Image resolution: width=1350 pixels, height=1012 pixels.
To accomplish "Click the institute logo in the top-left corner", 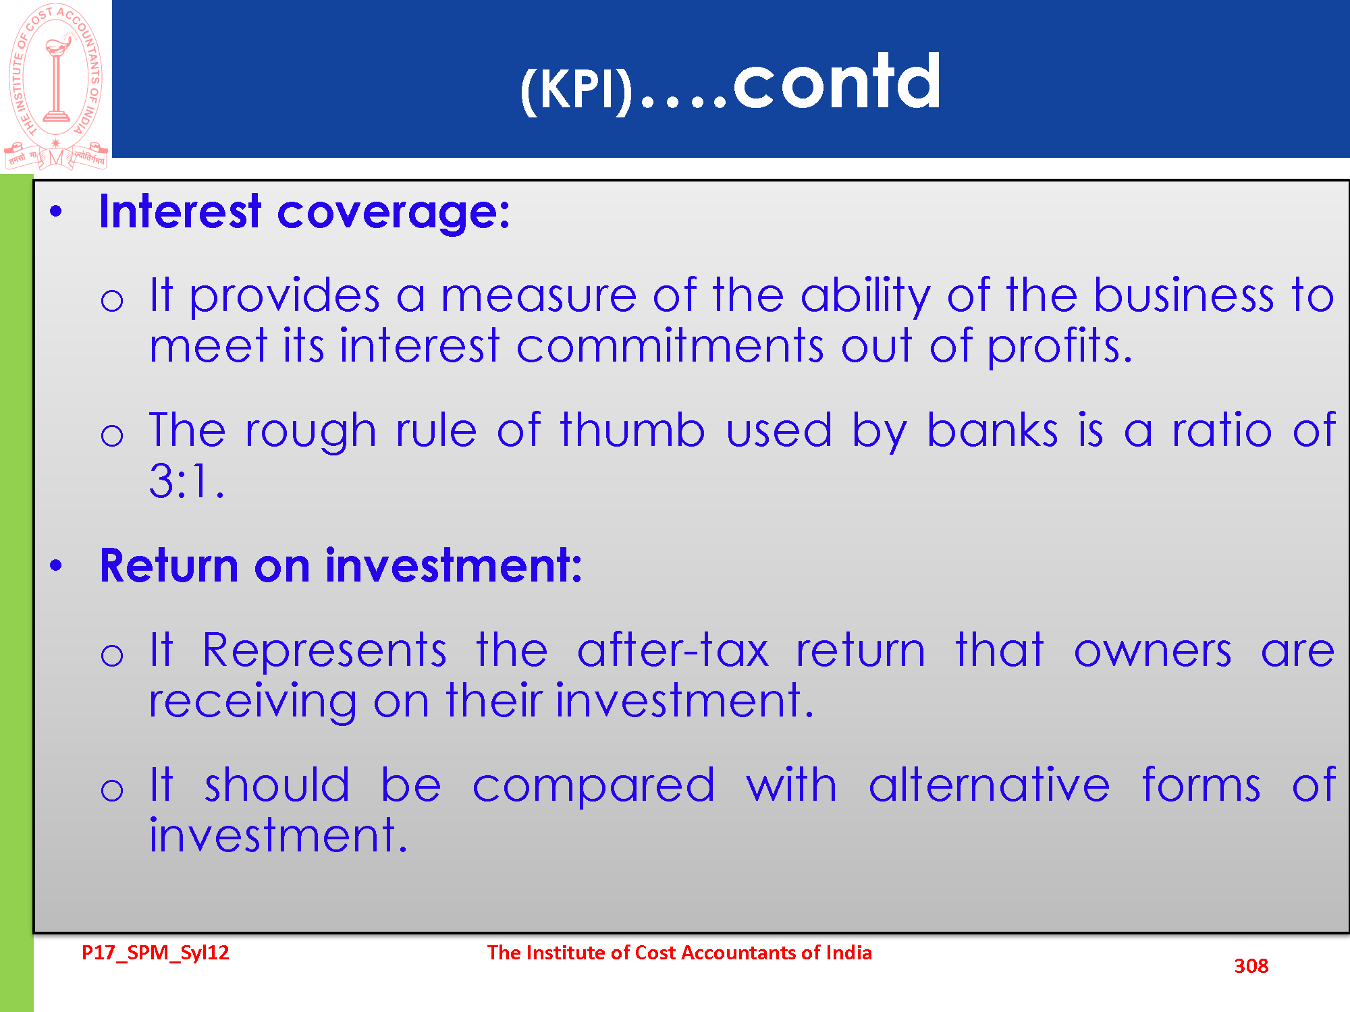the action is (56, 86).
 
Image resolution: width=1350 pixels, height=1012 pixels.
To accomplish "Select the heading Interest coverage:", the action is (304, 213).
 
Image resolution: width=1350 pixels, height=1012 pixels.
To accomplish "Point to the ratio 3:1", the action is (186, 481).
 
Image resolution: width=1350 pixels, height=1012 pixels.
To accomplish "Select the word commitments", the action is (670, 345).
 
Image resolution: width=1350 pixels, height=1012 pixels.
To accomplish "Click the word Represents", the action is (324, 652).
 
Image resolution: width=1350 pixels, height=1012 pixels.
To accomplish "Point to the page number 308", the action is (1251, 966).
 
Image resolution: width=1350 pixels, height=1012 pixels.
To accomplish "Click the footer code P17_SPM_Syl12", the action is (155, 953).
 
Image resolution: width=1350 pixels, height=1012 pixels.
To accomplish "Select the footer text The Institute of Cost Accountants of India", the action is (680, 953).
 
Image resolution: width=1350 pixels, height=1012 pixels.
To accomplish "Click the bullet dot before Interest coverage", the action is (56, 212).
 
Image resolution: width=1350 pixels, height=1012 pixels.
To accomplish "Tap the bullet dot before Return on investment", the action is (56, 565).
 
